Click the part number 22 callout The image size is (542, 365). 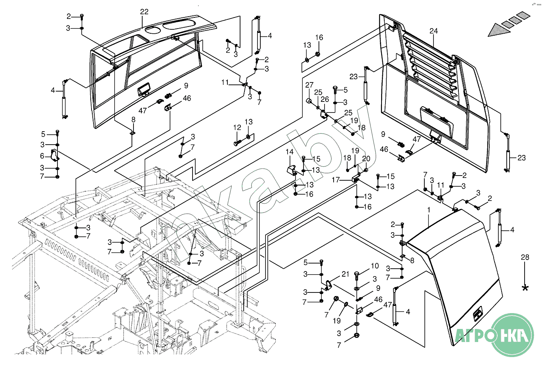[144, 12]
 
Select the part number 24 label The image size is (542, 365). [433, 31]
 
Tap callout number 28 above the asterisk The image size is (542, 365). [525, 258]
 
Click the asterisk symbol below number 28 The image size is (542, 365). [525, 288]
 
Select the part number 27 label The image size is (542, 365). [309, 85]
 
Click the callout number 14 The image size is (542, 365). [290, 152]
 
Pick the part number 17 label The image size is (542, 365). [336, 180]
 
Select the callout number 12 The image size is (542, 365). [237, 128]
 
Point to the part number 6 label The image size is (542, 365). [42, 156]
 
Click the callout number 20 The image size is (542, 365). [366, 159]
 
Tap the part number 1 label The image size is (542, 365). [428, 209]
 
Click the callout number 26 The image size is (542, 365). [325, 99]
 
